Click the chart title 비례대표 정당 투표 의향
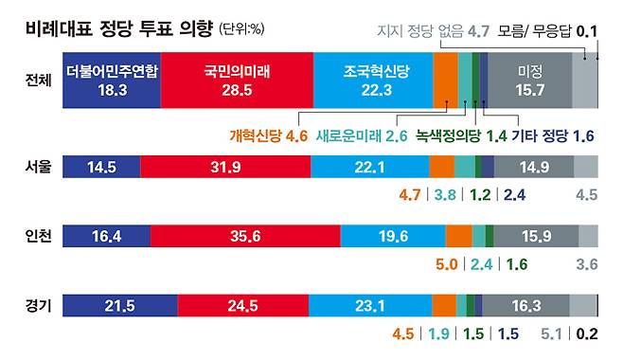(x=119, y=29)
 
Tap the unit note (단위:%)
(x=242, y=29)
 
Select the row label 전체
(x=38, y=81)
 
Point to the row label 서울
(x=38, y=167)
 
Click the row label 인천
(x=38, y=236)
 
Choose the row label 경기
(x=38, y=306)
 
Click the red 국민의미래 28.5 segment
(x=238, y=81)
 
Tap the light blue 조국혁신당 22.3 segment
(x=373, y=81)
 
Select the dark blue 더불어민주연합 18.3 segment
(x=112, y=81)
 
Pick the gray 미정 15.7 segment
(x=530, y=81)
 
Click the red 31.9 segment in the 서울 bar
(x=225, y=167)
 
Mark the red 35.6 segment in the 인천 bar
(x=245, y=236)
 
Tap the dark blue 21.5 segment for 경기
(x=120, y=306)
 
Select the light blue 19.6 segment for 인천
(x=393, y=236)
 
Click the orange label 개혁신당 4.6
(x=269, y=135)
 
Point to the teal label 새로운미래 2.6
(x=362, y=135)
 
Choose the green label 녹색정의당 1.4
(x=461, y=135)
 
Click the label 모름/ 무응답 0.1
(x=547, y=30)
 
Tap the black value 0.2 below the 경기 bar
(x=587, y=333)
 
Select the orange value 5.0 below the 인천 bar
(x=447, y=264)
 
